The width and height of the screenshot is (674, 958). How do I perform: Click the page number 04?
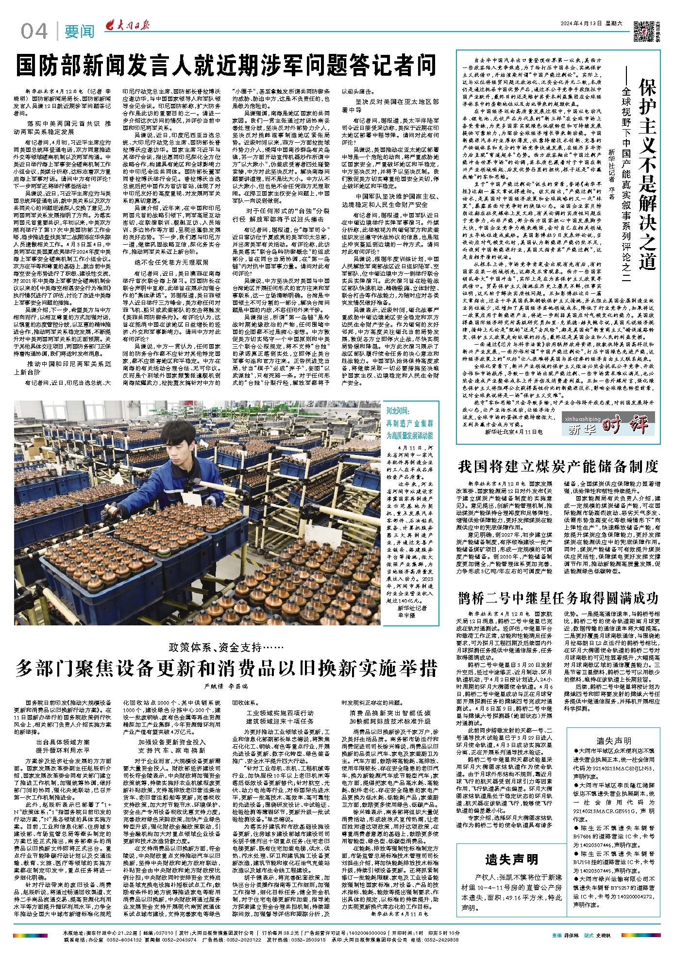(34, 32)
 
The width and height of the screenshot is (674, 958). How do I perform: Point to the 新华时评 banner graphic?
(607, 425)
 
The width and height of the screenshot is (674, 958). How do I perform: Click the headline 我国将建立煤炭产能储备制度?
(558, 467)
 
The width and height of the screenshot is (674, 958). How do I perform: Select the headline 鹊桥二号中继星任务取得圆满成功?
(558, 598)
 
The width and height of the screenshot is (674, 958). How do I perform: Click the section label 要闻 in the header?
(79, 32)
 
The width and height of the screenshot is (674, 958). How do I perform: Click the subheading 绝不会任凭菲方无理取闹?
(171, 262)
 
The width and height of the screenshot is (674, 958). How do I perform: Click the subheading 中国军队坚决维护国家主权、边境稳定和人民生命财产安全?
(390, 201)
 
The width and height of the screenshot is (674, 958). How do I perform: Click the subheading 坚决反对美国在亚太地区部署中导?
(390, 106)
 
